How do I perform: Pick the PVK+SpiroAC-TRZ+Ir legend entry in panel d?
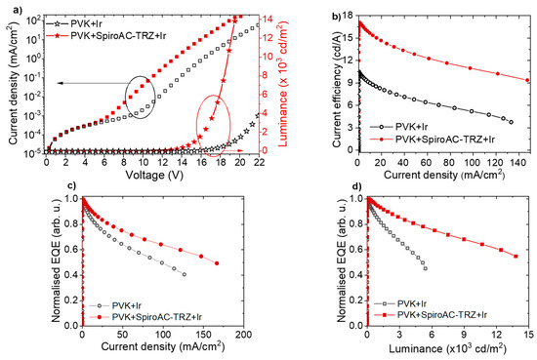point(446,317)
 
